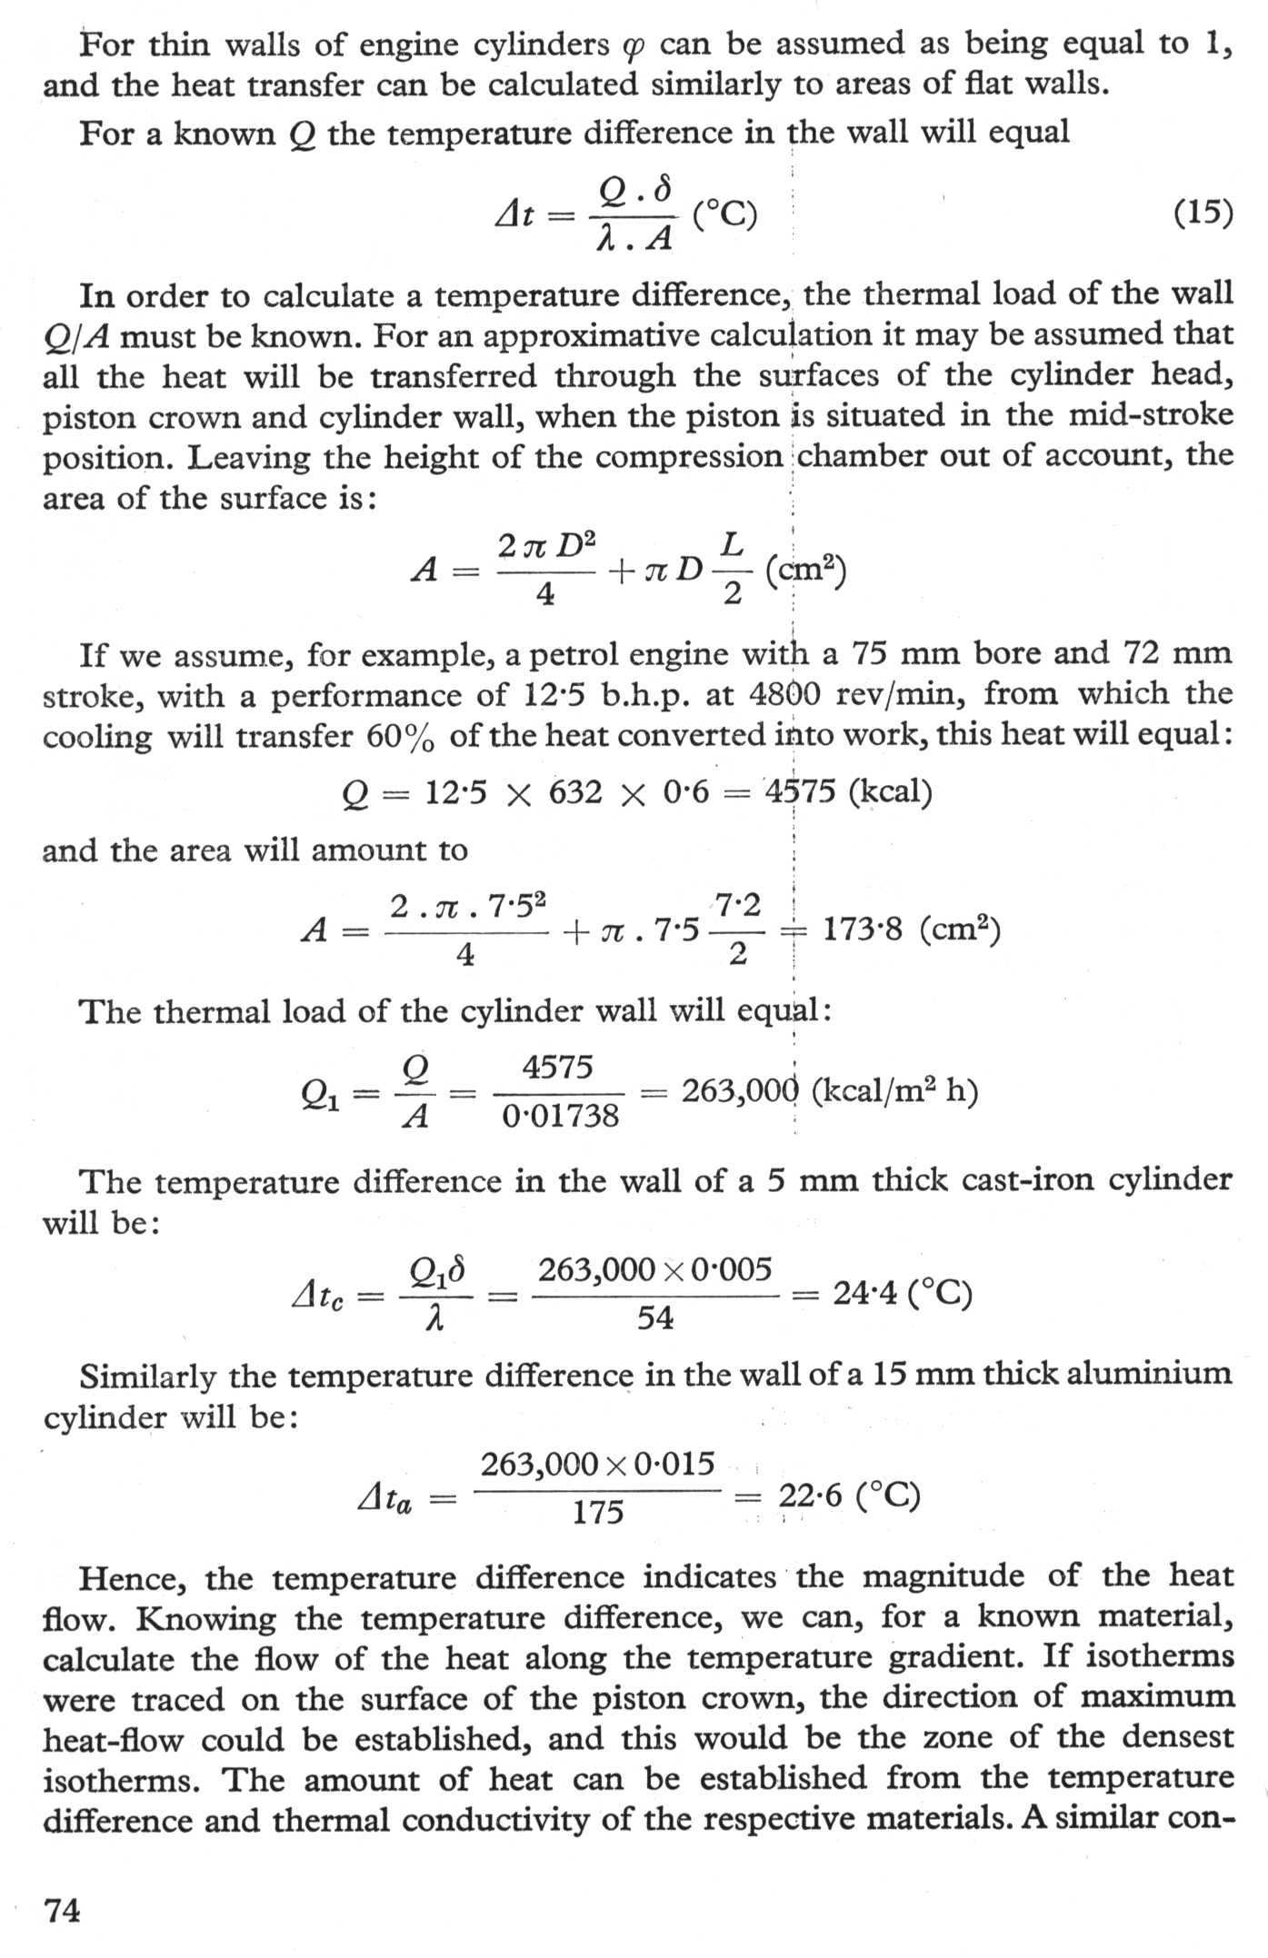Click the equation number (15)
point(1203,214)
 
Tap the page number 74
point(62,1910)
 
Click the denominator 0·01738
point(561,1116)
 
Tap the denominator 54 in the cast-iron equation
point(654,1317)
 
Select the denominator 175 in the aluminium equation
point(597,1512)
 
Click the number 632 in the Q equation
point(575,792)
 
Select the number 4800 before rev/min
point(790,694)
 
